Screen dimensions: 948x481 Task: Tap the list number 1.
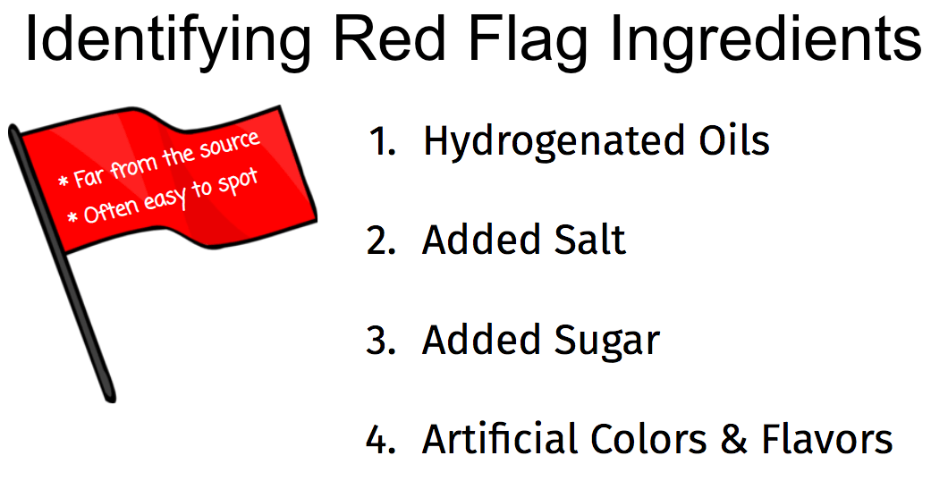click(x=382, y=140)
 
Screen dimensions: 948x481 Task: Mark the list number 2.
click(x=381, y=240)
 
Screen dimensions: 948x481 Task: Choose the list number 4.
click(x=381, y=438)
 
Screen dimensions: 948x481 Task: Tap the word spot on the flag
click(x=237, y=183)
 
